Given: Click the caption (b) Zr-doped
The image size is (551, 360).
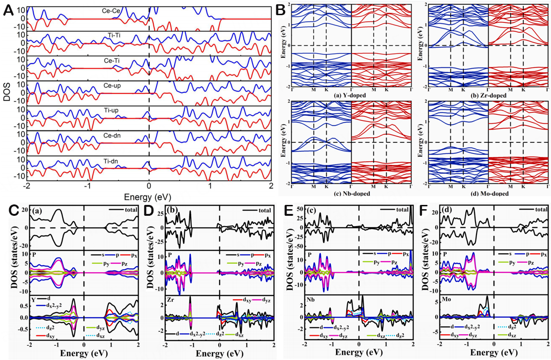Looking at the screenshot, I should tap(488, 96).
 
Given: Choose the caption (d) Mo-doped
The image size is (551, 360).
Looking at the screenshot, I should tap(488, 193).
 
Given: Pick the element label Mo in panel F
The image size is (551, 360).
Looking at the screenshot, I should tap(447, 300).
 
